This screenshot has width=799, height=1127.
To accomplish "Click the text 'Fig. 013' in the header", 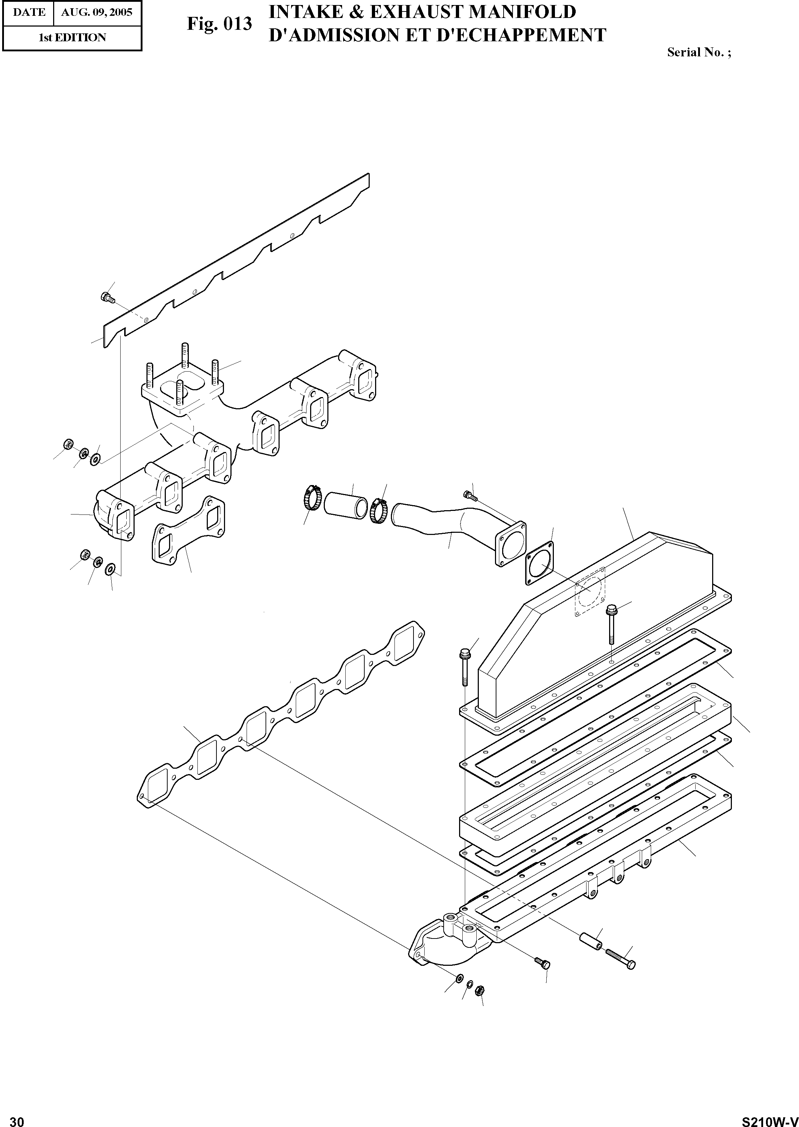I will point(219,24).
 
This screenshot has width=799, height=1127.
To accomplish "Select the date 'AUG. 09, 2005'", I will point(97,12).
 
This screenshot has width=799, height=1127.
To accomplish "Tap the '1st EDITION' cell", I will point(72,37).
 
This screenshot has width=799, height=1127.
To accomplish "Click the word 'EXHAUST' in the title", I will point(415,12).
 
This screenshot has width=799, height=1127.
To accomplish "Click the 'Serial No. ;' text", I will point(698,53).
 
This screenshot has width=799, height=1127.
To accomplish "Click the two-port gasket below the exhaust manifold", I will point(189,530).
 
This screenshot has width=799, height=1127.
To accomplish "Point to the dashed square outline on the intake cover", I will point(590,592).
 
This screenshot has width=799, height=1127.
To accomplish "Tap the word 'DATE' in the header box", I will point(29,12).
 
